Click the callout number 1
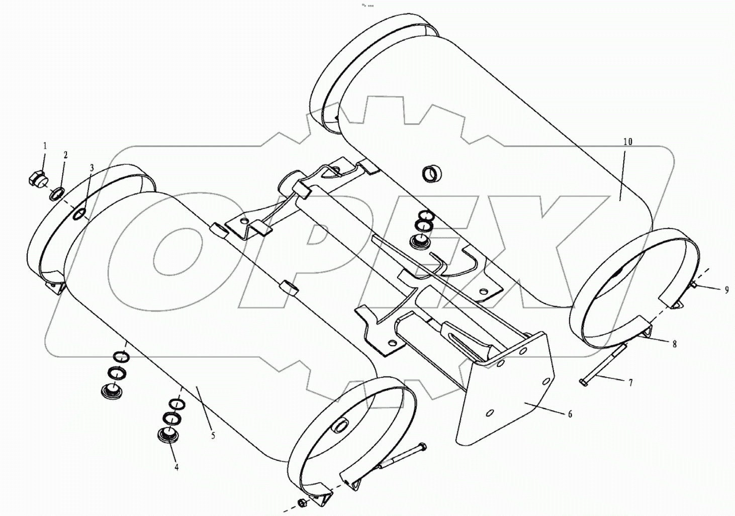point(44,146)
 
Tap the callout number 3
point(91,168)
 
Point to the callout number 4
point(176,467)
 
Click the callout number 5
point(213,436)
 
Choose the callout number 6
point(570,415)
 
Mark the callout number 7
point(630,383)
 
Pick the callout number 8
point(674,344)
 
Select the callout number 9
point(726,290)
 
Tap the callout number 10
point(627,142)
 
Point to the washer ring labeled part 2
point(57,193)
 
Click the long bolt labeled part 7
point(603,365)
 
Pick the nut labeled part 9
point(694,285)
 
